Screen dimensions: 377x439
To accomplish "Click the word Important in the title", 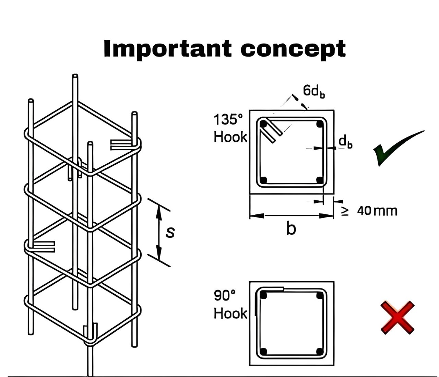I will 167,49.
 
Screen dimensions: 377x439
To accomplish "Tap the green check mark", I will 398,148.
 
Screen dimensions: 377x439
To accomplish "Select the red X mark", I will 398,317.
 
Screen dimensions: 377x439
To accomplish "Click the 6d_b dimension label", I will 313,91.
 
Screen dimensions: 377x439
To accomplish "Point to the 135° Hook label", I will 230,128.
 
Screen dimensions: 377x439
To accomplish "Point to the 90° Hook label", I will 230,304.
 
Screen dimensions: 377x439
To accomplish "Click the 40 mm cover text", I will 377,211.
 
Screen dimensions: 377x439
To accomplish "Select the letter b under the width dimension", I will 291,228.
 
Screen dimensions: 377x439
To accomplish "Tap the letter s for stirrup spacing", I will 170,232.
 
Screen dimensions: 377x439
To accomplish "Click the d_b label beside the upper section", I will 345,142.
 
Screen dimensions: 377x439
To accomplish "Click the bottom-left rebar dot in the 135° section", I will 263,180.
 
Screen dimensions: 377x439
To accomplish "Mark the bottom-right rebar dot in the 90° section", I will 319,352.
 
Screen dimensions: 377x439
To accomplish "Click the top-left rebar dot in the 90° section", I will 263,295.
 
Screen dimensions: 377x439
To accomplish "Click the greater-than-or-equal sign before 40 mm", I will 345,211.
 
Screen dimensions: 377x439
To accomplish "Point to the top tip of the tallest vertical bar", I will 75,76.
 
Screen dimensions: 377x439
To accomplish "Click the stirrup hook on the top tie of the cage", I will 121,145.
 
